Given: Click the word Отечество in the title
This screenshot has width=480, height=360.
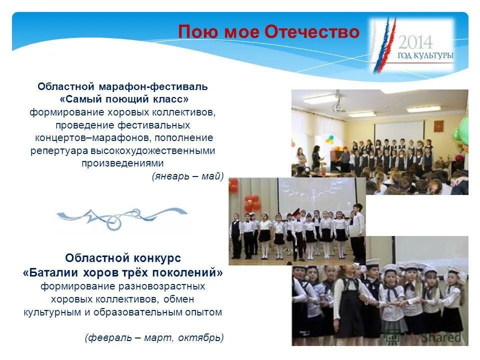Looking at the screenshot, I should pyautogui.click(x=311, y=32).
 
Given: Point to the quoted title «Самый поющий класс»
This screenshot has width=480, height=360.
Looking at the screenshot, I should pyautogui.click(x=124, y=99).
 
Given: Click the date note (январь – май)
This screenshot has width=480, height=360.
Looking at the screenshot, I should pyautogui.click(x=187, y=175).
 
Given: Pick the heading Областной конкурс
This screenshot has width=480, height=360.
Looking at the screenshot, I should pyautogui.click(x=123, y=258).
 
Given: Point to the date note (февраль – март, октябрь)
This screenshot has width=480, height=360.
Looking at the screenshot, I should pyautogui.click(x=154, y=337).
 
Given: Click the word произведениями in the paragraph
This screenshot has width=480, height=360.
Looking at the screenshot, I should pyautogui.click(x=122, y=163).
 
